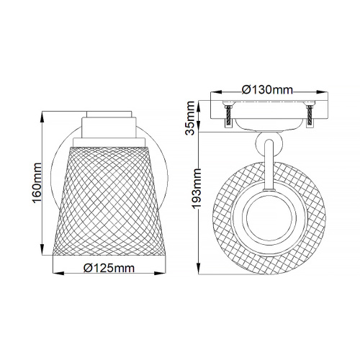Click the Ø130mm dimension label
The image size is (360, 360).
pyautogui.click(x=267, y=90)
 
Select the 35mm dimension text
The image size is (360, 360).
pyautogui.click(x=190, y=118)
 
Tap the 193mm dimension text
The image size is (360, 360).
pyautogui.click(x=197, y=188)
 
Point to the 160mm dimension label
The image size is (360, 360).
pyautogui.click(x=37, y=183)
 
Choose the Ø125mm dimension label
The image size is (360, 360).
pyautogui.click(x=109, y=268)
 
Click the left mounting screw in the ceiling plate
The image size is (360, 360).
pyautogui.click(x=228, y=115)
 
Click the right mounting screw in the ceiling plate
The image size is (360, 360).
pyautogui.click(x=310, y=115)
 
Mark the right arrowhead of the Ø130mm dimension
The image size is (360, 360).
pyautogui.click(x=322, y=92)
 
